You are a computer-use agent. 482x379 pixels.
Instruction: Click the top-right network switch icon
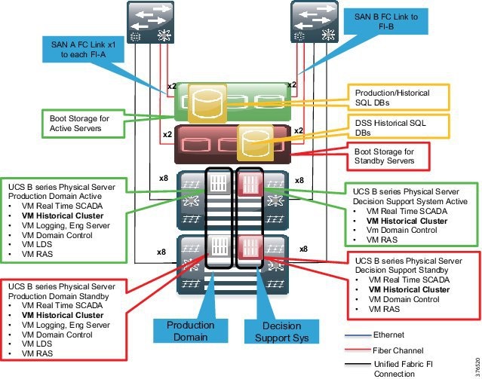pos(313,23)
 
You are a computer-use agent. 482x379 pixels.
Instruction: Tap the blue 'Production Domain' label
pos(190,330)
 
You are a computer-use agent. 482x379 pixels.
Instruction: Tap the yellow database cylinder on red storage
pos(249,142)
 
